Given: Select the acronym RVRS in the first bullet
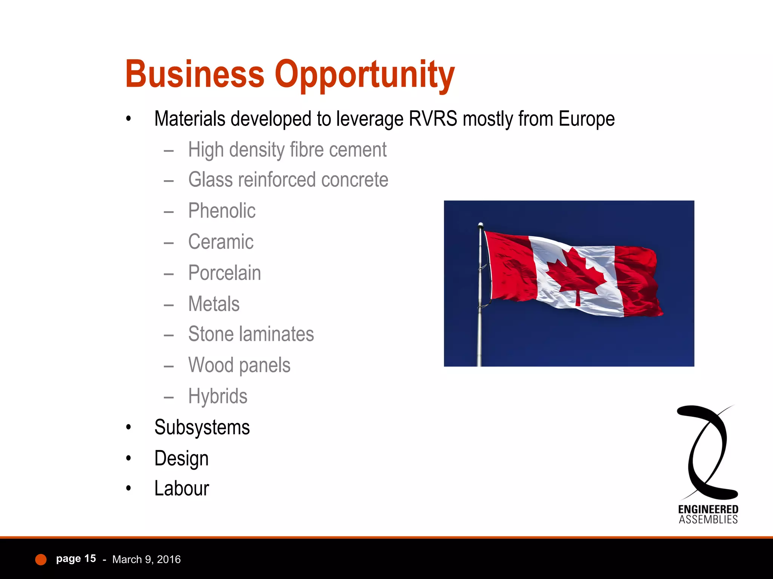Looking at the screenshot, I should [433, 119].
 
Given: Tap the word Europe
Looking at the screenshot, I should [587, 119].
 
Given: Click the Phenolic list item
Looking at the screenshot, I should [222, 211].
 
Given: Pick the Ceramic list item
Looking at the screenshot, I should [221, 242].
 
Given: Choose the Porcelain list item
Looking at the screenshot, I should [225, 273].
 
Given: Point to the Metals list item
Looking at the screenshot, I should [214, 304].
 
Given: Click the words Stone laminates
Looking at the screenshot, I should [251, 334].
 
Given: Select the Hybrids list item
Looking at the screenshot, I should [218, 396].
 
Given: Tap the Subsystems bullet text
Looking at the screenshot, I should [202, 427].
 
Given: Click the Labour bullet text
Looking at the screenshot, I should [182, 489].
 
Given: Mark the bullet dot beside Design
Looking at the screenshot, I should [129, 458].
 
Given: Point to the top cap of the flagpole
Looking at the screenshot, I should [480, 225].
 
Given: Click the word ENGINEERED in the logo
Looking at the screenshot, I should [708, 510].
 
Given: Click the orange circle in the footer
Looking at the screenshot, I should [41, 560].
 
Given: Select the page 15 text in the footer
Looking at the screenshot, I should [76, 559].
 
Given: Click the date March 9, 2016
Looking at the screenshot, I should [146, 559].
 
